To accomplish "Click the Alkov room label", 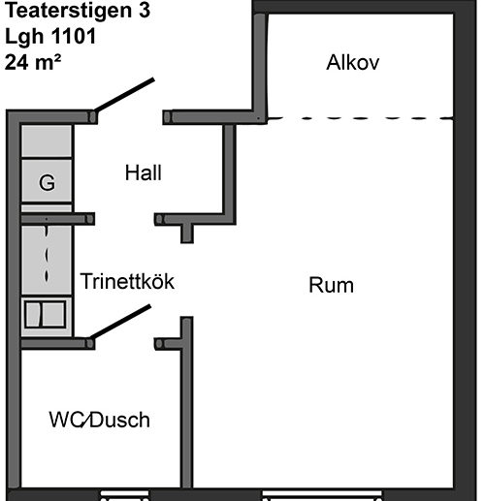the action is pos(352,62).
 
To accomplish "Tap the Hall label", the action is pos(144,172).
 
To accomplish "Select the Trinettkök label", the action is pos(127,281).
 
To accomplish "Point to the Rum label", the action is pos(331,285).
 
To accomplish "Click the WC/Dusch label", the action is pos(99,420).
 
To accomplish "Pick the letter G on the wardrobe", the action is pos(47,182).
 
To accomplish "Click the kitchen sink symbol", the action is pos(46,314).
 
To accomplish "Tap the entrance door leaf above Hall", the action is pos(124,95).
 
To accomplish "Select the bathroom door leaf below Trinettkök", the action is pos(120,322).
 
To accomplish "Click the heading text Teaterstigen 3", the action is pos(78,10).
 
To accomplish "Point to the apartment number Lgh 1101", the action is pos(50,36).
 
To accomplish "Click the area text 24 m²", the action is pos(33,62).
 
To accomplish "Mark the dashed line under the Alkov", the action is pos(360,118).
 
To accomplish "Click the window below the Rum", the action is pos(322,496).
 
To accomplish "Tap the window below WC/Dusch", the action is pos(124,496).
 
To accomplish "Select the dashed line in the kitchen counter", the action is pos(47,254).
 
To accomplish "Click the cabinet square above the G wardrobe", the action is pos(47,141).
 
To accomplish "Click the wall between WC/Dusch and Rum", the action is pos(187,402).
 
